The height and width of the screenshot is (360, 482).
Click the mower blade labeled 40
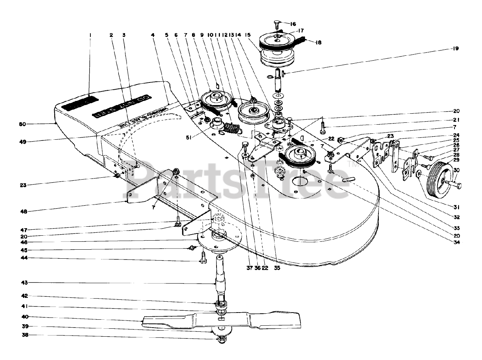222,321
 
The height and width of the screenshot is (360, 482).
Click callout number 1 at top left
90,35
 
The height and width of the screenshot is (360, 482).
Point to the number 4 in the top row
152,35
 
